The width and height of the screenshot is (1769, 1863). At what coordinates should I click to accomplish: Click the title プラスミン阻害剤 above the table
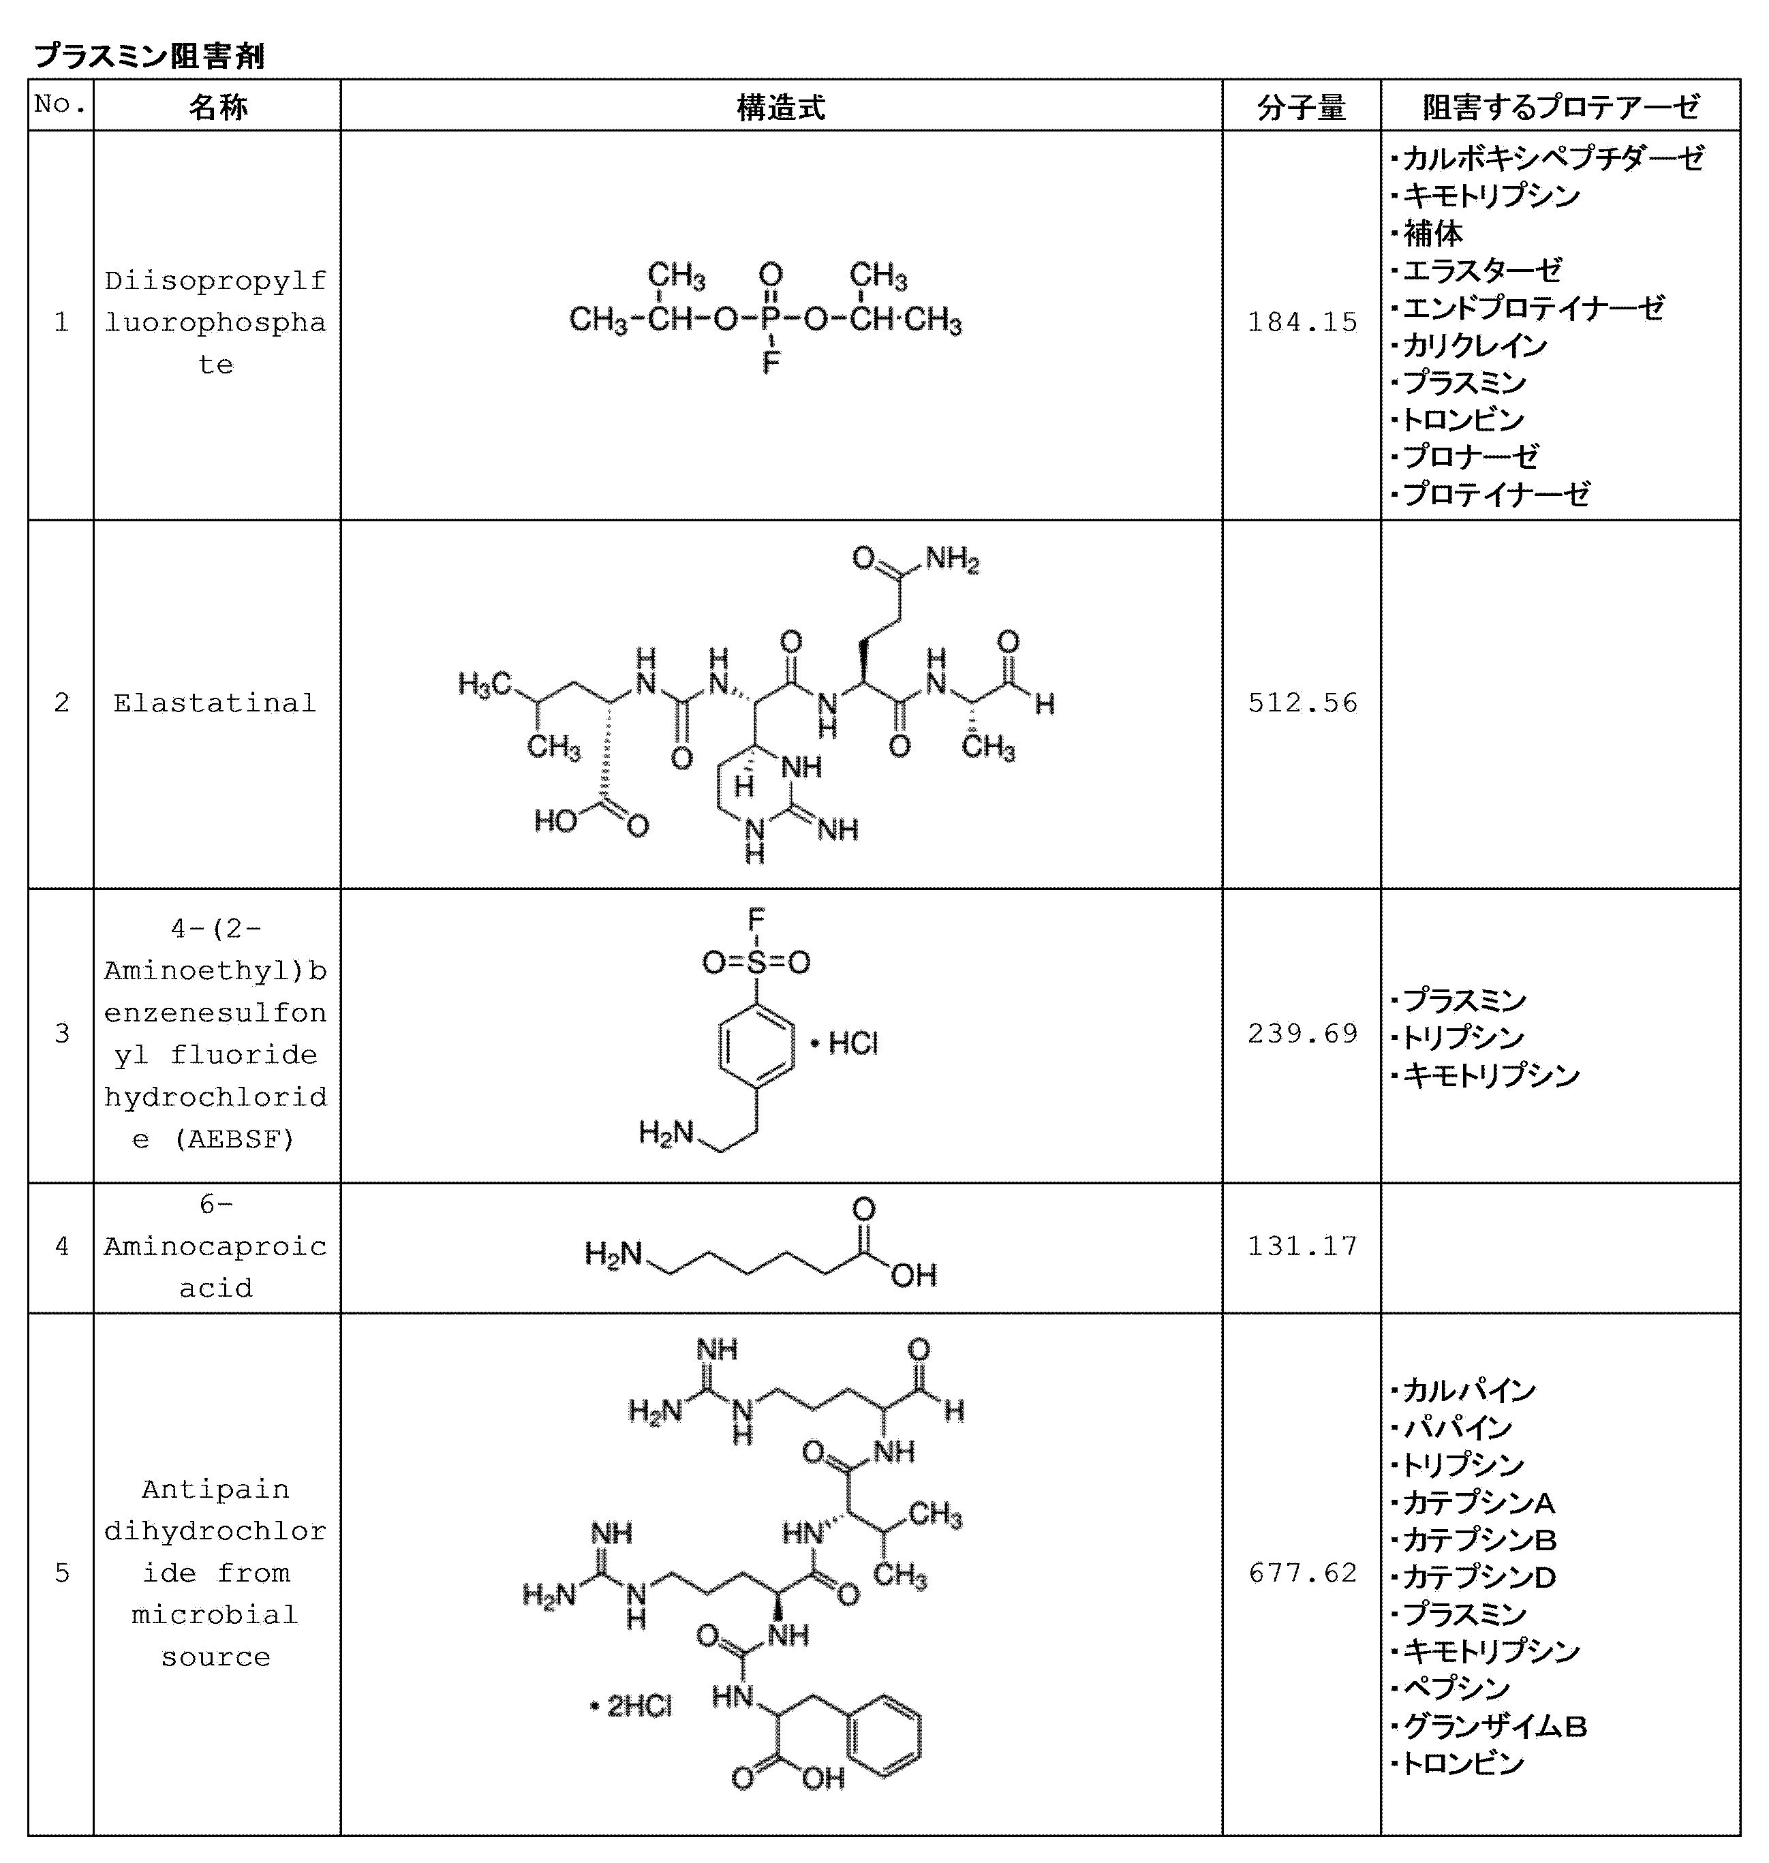coord(149,56)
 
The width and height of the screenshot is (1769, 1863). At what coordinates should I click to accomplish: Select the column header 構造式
coord(781,106)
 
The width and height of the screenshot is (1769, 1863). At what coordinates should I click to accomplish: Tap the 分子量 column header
coord(1302,106)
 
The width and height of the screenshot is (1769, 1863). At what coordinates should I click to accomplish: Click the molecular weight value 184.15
coord(1302,322)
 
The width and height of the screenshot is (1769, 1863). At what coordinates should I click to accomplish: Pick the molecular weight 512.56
coord(1302,703)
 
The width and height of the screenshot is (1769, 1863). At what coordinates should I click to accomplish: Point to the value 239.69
coord(1302,1033)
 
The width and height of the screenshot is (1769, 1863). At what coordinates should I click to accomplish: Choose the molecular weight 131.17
coord(1302,1246)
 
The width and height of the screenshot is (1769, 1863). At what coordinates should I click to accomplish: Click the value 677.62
coord(1302,1573)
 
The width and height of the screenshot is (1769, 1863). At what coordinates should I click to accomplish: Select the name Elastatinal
coord(215,703)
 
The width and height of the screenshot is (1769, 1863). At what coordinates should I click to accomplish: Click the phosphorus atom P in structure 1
coord(771,320)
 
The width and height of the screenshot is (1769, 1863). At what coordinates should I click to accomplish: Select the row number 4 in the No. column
coord(61,1246)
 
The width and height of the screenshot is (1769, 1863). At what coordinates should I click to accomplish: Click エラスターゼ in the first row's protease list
coord(1481,270)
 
